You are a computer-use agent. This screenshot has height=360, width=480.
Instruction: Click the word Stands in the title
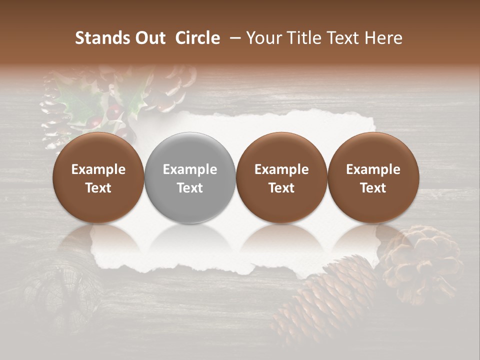coord(102,38)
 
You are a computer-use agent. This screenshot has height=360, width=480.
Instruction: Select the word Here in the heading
coord(383,38)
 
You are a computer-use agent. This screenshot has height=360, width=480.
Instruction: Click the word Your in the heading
coord(264,38)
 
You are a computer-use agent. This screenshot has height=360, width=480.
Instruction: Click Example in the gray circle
coord(190,169)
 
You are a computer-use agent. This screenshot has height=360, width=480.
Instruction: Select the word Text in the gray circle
coord(190,188)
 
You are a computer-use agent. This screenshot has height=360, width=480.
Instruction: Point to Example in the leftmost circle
coord(98,169)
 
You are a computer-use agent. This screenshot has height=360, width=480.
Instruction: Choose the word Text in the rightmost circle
coord(373,188)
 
